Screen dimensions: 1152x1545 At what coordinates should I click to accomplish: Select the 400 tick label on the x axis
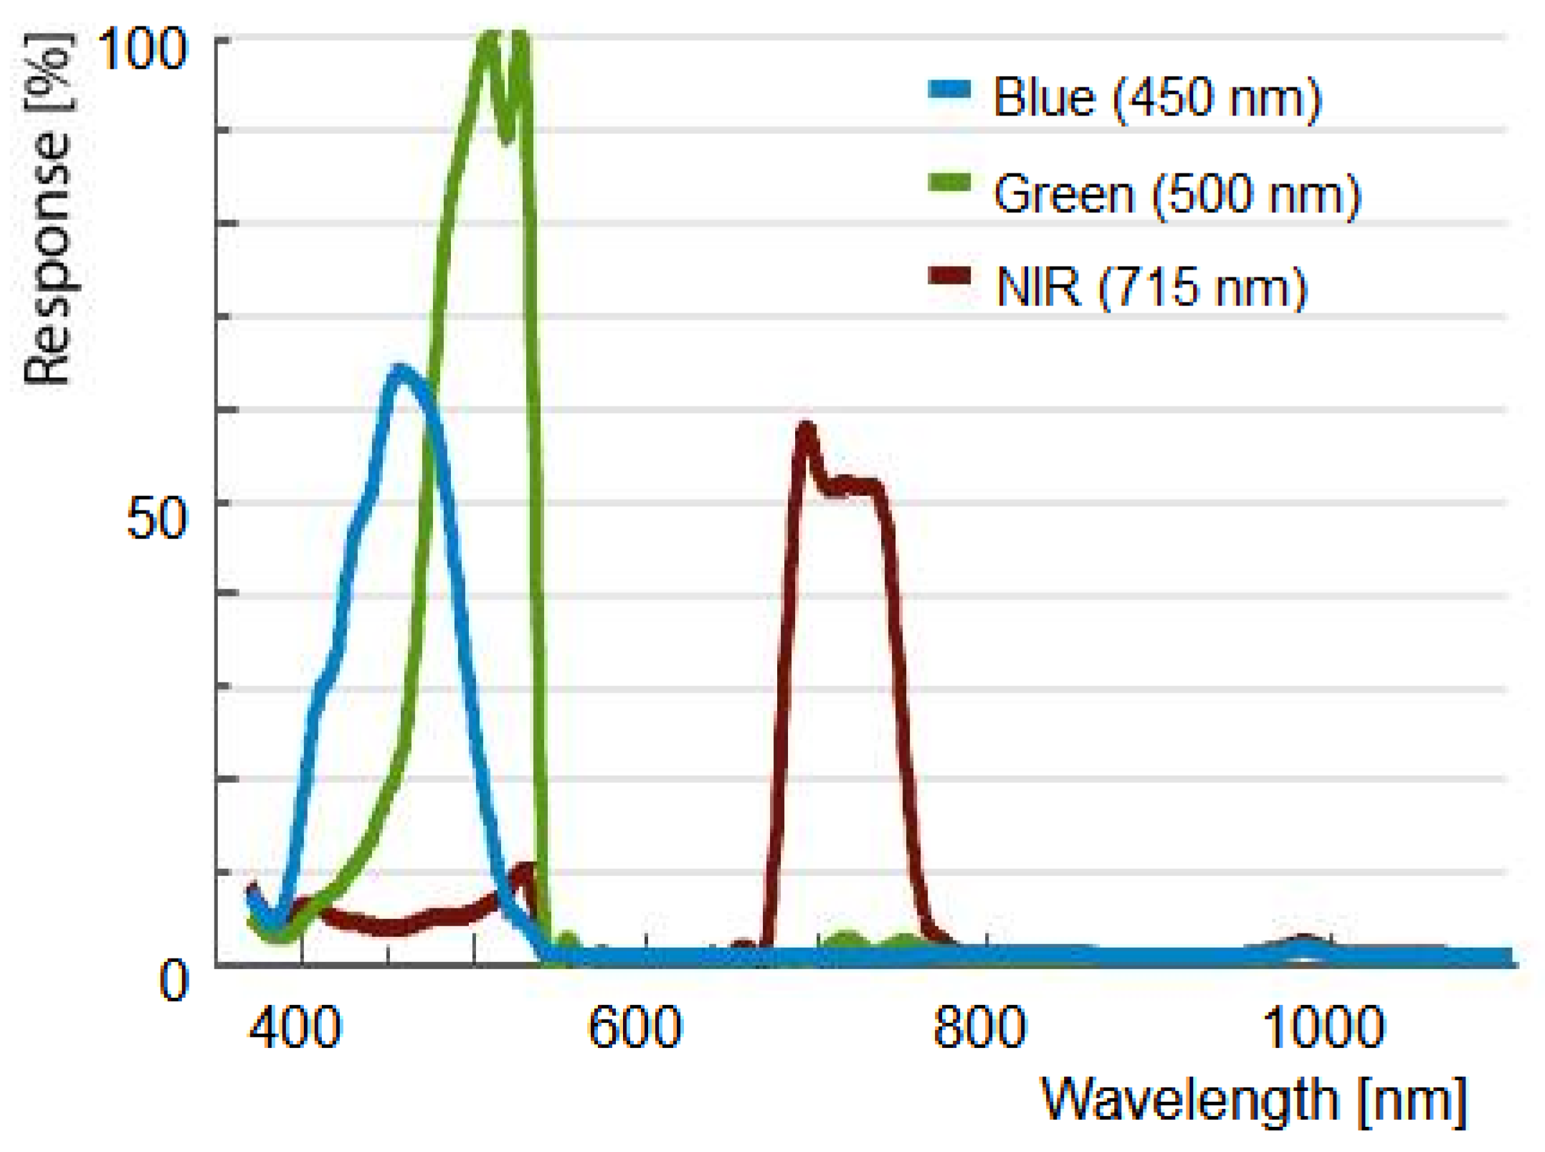point(295,1027)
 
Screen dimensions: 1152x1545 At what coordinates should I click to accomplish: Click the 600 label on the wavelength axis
point(634,1027)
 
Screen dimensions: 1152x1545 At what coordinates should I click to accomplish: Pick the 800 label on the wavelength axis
point(979,1027)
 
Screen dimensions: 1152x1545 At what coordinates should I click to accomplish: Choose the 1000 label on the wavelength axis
point(1323,1027)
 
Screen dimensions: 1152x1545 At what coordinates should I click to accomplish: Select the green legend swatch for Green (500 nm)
point(949,183)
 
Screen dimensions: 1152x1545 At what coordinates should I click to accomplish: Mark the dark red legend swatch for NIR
point(949,276)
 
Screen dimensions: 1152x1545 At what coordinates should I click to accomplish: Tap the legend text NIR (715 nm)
point(1151,287)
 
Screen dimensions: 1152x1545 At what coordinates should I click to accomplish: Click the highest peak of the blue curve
point(400,372)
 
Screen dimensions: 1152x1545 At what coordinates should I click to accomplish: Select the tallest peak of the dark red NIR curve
point(807,429)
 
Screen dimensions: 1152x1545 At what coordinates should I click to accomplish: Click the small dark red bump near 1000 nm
point(1303,941)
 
